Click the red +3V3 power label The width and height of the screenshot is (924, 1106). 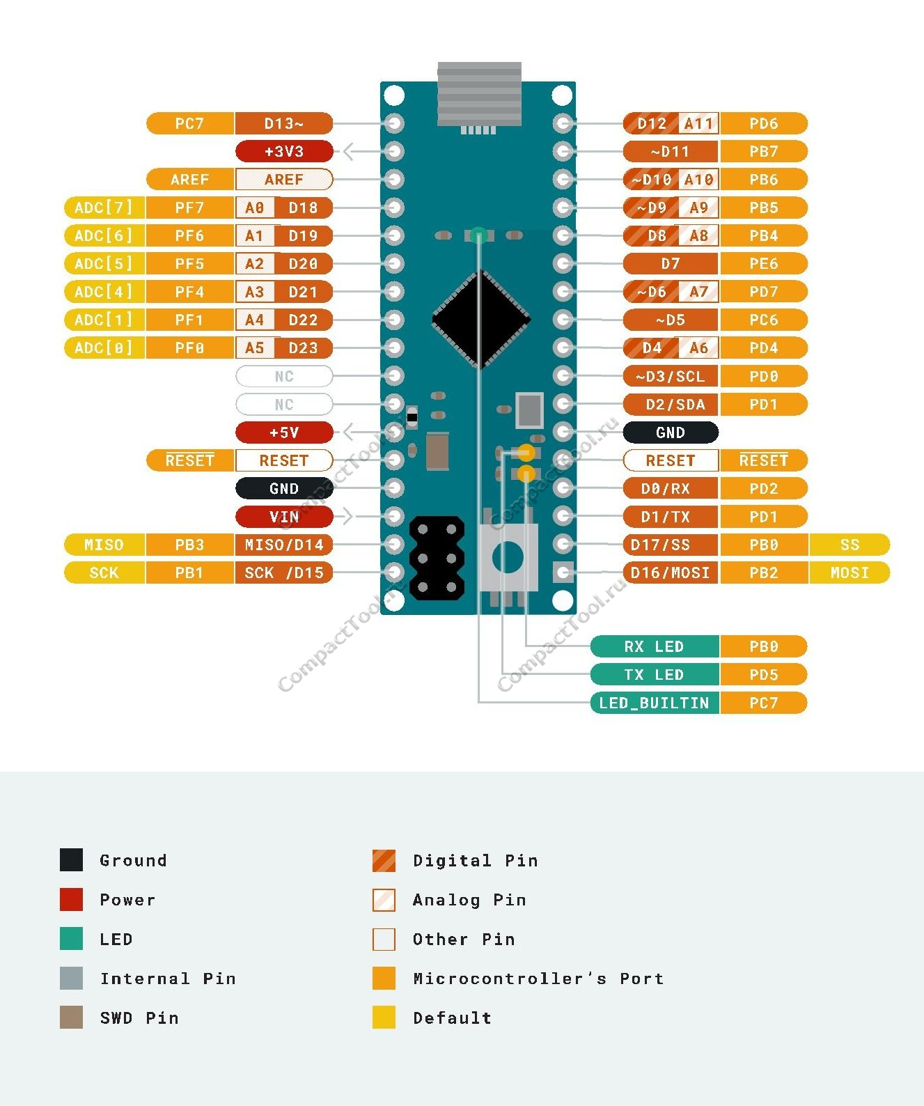[284, 151]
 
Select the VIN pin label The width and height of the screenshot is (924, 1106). [284, 517]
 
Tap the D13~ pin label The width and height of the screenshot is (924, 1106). [284, 123]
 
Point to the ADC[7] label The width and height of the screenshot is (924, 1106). [104, 208]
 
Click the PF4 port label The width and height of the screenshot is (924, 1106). [189, 292]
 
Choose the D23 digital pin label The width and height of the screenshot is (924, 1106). [304, 348]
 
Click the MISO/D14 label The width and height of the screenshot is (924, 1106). [284, 545]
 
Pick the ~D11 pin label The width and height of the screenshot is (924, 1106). [670, 151]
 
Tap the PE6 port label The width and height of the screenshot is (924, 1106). [763, 263]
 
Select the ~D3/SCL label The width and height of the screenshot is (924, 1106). [670, 376]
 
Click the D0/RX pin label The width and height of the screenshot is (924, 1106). [670, 488]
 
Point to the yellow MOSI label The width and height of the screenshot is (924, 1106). [849, 573]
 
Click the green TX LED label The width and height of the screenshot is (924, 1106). [654, 674]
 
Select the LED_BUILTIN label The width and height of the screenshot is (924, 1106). [654, 703]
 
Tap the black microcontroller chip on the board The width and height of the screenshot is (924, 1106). [481, 320]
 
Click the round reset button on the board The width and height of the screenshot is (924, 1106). [508, 558]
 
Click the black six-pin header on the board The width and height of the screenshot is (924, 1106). [437, 558]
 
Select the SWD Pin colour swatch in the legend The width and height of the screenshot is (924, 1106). [71, 1018]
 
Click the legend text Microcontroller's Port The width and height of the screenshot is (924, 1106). [538, 979]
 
